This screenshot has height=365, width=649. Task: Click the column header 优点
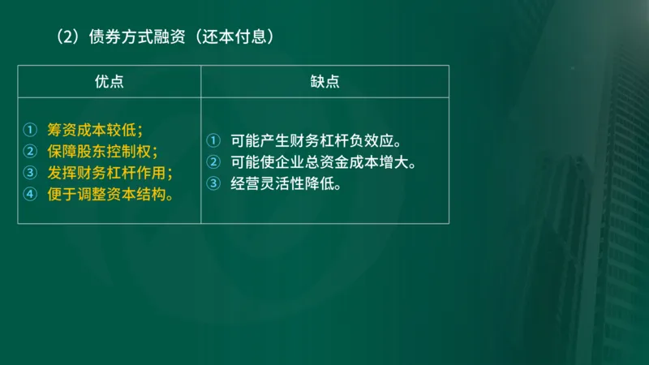[110, 81]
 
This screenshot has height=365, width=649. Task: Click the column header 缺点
[324, 81]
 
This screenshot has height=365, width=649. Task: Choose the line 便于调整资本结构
[110, 194]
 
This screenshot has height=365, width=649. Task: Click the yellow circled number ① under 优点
[31, 129]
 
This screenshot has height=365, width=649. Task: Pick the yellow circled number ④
[31, 194]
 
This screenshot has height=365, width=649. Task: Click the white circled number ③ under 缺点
[213, 183]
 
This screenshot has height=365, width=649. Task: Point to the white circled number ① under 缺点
[213, 140]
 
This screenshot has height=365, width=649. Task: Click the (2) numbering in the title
[68, 36]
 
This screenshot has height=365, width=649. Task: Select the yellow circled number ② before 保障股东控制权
[31, 151]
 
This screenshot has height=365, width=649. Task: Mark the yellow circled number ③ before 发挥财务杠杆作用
[31, 172]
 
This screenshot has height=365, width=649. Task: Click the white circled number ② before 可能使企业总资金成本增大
[213, 161]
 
